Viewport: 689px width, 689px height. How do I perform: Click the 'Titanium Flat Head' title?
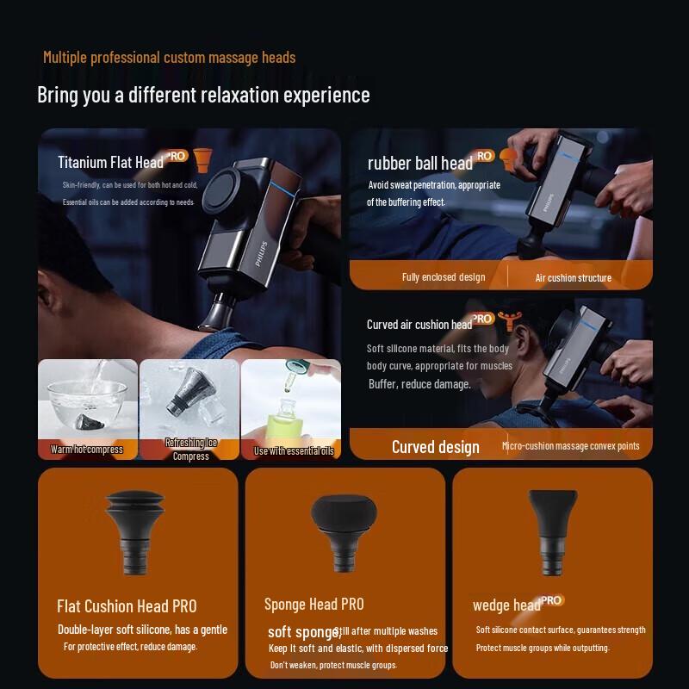(110, 162)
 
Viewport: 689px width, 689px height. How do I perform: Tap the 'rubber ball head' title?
(419, 163)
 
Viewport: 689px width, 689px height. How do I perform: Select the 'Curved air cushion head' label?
(419, 325)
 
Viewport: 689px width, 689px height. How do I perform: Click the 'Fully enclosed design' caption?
(443, 277)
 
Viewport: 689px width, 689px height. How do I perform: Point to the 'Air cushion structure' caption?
(573, 277)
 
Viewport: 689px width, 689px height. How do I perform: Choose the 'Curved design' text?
(435, 446)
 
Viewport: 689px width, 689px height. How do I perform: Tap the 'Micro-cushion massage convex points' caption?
(570, 446)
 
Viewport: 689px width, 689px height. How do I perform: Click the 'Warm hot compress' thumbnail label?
(86, 450)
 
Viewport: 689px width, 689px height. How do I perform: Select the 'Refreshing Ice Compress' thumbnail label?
(190, 449)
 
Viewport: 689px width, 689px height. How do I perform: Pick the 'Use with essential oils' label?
(293, 450)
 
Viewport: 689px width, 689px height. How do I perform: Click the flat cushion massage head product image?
(138, 530)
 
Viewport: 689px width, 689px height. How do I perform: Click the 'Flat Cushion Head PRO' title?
(127, 606)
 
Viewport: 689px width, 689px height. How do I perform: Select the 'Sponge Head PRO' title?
(313, 605)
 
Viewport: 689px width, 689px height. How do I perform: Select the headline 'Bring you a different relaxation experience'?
(203, 95)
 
